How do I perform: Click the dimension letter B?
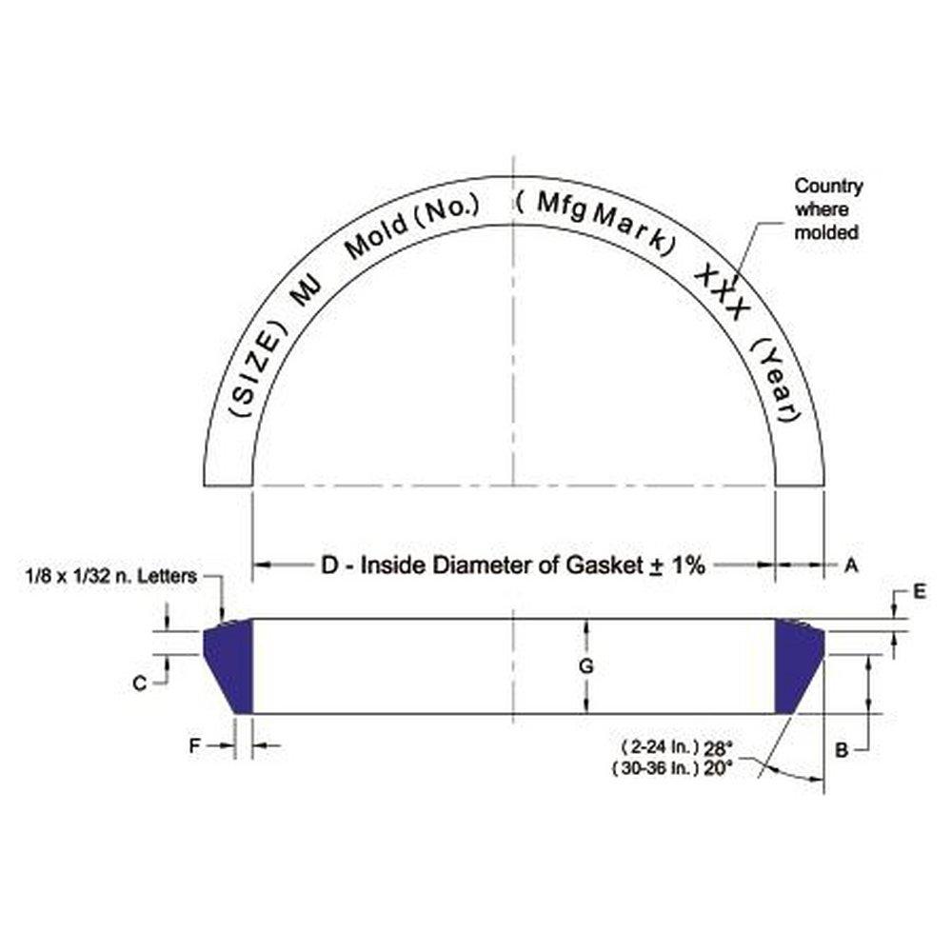click(841, 750)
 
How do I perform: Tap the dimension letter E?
click(919, 591)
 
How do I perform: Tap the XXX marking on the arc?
click(724, 294)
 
